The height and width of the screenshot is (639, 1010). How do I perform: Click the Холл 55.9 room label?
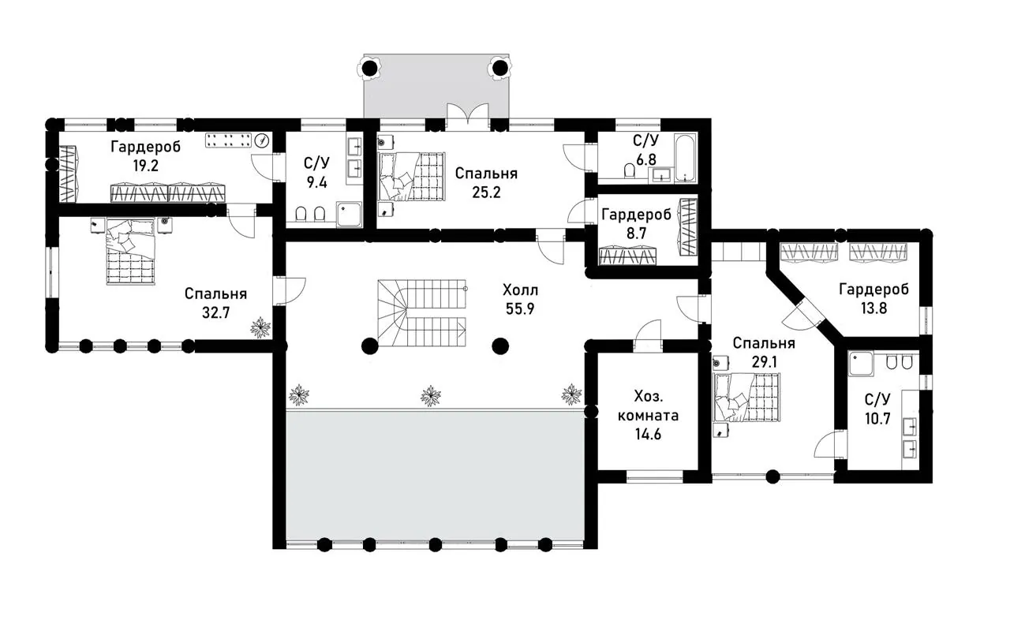(x=520, y=299)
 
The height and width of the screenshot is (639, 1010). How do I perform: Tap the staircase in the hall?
(x=422, y=312)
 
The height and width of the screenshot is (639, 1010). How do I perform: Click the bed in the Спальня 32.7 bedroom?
(x=131, y=252)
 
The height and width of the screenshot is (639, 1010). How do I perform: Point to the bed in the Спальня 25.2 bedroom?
(x=412, y=176)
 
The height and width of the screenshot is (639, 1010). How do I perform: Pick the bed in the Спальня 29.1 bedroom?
(x=746, y=398)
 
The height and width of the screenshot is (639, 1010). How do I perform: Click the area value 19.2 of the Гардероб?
(x=146, y=166)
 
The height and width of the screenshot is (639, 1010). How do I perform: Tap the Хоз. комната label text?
(x=648, y=405)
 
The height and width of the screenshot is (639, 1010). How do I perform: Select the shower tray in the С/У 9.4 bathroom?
(x=349, y=215)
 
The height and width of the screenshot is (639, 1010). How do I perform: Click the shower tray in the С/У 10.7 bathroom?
(x=861, y=364)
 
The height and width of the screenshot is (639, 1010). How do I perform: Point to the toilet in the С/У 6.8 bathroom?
(x=629, y=170)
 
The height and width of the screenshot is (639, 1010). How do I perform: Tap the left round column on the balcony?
(x=370, y=69)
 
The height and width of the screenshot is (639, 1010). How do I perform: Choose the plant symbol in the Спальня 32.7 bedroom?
(x=260, y=327)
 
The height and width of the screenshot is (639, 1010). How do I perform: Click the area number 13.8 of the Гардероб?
(x=873, y=308)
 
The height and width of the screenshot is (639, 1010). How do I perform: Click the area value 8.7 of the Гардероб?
(x=636, y=234)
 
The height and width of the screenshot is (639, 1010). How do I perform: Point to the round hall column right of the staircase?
(x=500, y=346)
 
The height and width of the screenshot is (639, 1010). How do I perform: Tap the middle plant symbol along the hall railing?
(x=431, y=396)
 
